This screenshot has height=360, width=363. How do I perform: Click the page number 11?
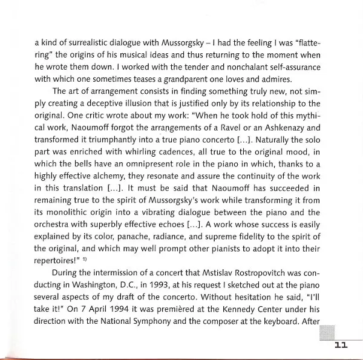[x=340, y=345]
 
